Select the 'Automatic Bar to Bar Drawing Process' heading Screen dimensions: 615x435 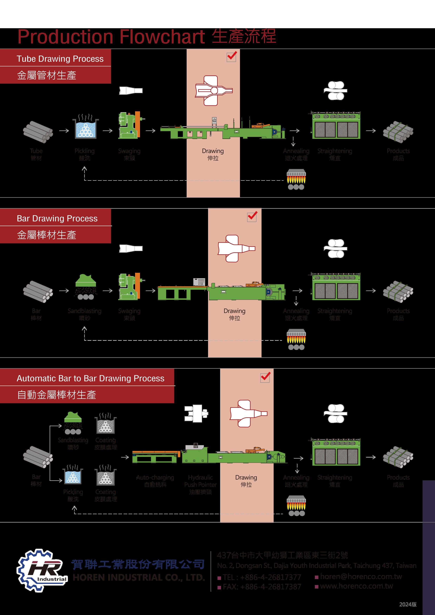tap(90, 378)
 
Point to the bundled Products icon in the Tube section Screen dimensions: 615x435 tap(398, 132)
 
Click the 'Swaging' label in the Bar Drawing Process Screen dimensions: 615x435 tap(129, 311)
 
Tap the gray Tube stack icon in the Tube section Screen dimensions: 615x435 tap(38, 132)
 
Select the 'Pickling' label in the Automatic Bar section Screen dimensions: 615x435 tap(73, 492)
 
